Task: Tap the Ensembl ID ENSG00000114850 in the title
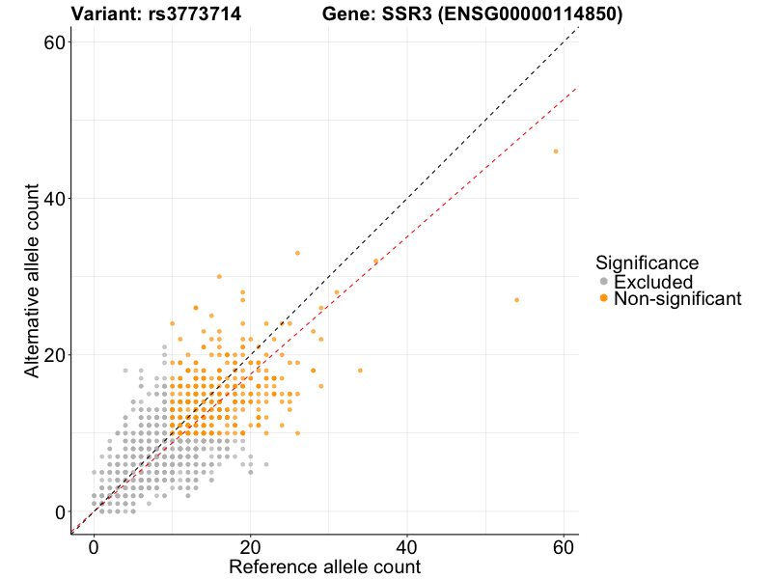(x=539, y=14)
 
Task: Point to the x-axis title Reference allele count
(x=324, y=566)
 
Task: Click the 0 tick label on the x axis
(x=94, y=546)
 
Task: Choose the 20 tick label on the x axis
(x=251, y=546)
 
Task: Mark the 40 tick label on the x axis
(x=407, y=546)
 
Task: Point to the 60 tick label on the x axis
(x=564, y=546)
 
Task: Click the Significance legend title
(x=647, y=262)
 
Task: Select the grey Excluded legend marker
(x=604, y=282)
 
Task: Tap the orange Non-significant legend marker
(x=604, y=299)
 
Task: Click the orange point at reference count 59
(x=556, y=152)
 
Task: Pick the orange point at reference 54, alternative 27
(x=516, y=300)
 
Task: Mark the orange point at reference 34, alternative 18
(x=360, y=371)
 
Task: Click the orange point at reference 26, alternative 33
(x=297, y=253)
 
